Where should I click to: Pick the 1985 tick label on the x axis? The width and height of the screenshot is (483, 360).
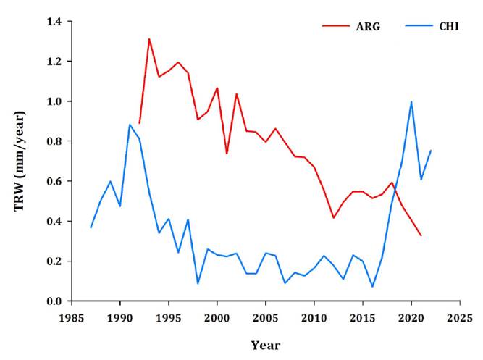pyautogui.click(x=72, y=317)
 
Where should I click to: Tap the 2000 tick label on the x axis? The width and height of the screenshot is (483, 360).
pyautogui.click(x=217, y=317)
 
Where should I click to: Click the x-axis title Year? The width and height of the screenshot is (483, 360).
pyautogui.click(x=266, y=345)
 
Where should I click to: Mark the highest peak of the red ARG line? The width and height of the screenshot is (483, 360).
pyautogui.click(x=149, y=39)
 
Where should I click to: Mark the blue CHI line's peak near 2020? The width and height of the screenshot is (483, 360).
pyautogui.click(x=411, y=102)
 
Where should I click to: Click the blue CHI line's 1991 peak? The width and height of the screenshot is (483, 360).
pyautogui.click(x=130, y=125)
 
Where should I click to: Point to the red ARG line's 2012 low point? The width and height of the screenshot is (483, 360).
pyautogui.click(x=334, y=217)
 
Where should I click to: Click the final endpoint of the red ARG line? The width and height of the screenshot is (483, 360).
pyautogui.click(x=421, y=235)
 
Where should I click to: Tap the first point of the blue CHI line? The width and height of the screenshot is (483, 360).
pyautogui.click(x=91, y=227)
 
